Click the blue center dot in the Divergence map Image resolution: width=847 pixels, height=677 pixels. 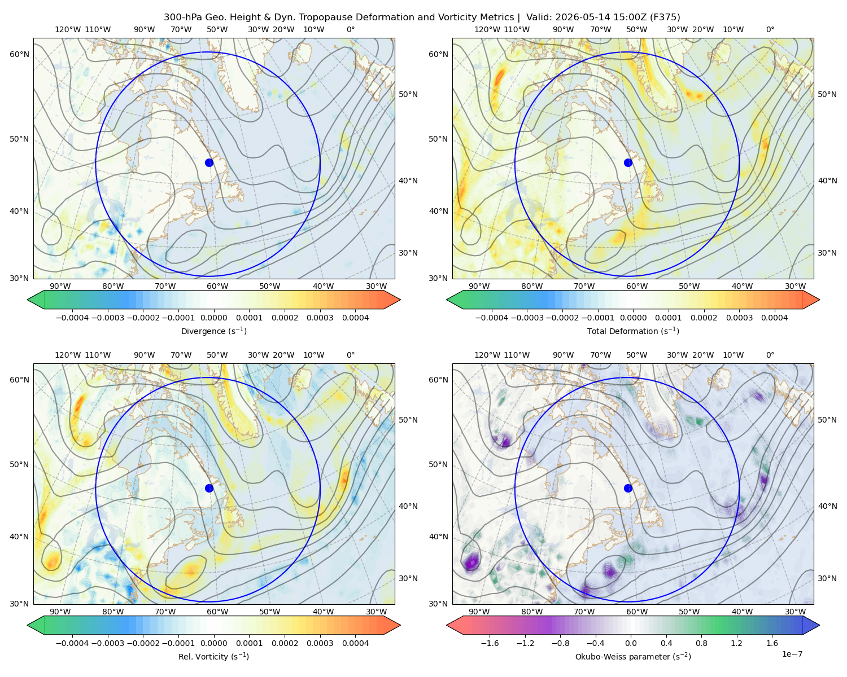[x=209, y=162]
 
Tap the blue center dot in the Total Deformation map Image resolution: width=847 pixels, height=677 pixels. [x=628, y=162]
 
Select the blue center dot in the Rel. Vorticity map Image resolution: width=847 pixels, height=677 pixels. [x=209, y=488]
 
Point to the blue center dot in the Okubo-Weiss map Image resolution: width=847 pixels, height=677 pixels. [x=628, y=488]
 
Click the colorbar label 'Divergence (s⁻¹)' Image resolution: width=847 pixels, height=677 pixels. [x=213, y=331]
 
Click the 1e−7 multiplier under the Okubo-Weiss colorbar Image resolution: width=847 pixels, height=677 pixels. [x=792, y=654]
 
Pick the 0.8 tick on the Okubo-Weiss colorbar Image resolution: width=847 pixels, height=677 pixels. [x=701, y=643]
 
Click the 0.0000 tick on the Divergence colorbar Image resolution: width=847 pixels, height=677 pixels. [x=213, y=318]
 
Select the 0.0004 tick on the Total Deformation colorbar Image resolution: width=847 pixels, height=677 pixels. [x=774, y=318]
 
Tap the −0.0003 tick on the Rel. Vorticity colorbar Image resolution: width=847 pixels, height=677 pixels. [x=107, y=643]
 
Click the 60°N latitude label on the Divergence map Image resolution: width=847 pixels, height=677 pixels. [x=19, y=54]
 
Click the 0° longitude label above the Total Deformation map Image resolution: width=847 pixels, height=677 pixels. [x=770, y=29]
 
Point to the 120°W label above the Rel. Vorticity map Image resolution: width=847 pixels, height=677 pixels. [x=68, y=355]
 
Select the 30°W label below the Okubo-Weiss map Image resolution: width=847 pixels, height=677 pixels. [x=795, y=612]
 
